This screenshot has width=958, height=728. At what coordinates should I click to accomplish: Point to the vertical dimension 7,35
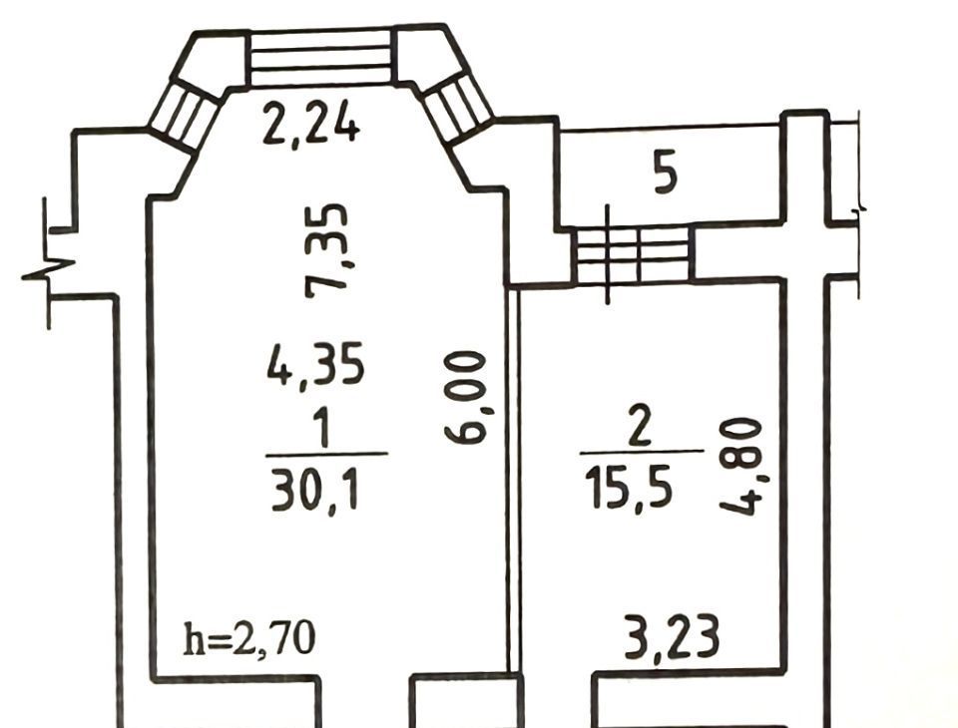pyautogui.click(x=328, y=249)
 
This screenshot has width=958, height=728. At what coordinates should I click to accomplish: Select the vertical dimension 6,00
pyautogui.click(x=467, y=396)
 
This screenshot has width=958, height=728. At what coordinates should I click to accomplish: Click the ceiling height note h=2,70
pyautogui.click(x=249, y=639)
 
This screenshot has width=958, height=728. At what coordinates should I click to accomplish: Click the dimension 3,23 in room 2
pyautogui.click(x=671, y=638)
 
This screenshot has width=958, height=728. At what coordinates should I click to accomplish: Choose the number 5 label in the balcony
pyautogui.click(x=666, y=175)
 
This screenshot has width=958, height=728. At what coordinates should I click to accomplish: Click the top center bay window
pyautogui.click(x=320, y=58)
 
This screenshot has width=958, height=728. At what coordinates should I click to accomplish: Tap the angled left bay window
pyautogui.click(x=185, y=115)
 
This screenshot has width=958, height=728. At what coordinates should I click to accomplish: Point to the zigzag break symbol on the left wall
pyautogui.click(x=48, y=268)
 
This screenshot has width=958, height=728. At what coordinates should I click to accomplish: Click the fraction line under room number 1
pyautogui.click(x=327, y=454)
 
